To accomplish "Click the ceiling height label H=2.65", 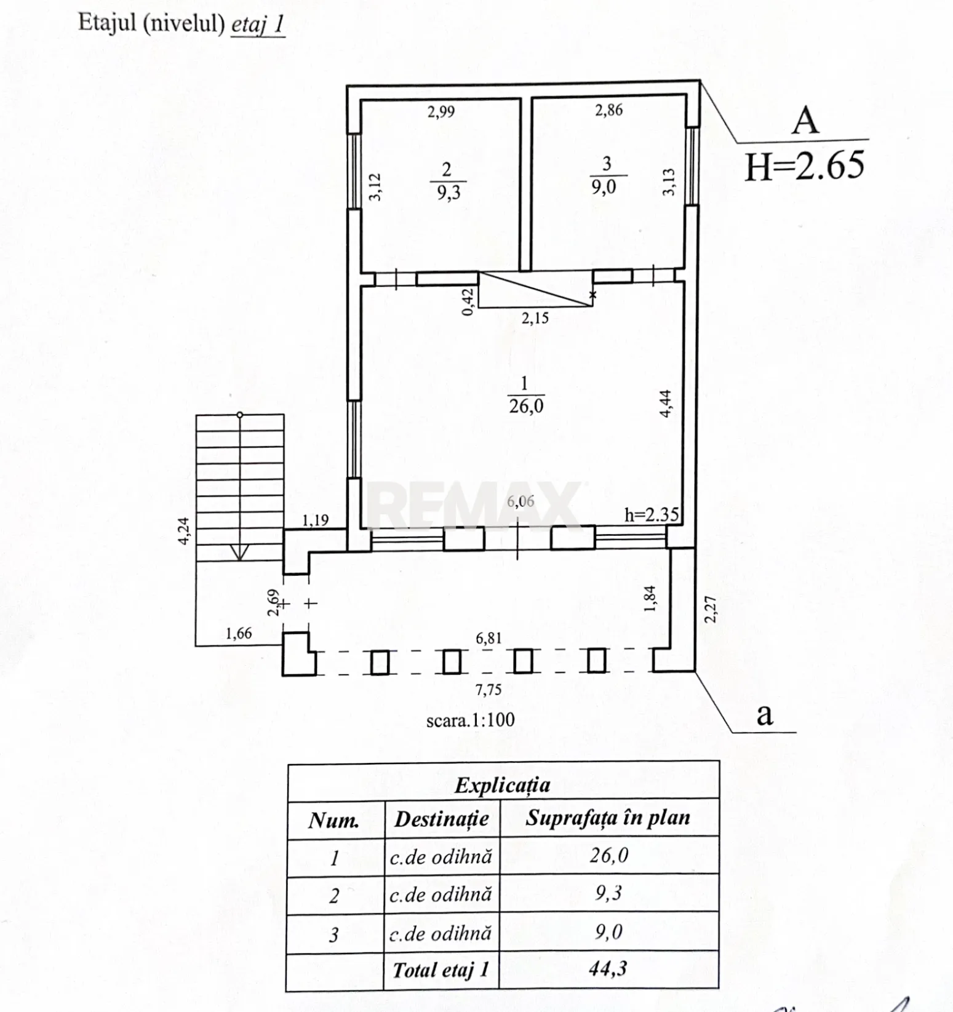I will coord(804,165).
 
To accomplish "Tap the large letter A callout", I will coord(805,121).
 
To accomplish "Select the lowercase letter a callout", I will coord(764,715).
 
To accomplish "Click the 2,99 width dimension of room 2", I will coord(441,111).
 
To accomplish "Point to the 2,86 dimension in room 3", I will coord(608,110).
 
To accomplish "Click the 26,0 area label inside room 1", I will coord(526,406).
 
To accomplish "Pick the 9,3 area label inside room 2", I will coord(449,193).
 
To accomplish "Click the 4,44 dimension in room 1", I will coord(666,404).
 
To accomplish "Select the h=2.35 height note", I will coord(651,514).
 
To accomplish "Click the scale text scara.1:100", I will coord(470,719).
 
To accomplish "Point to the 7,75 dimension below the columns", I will coord(488,690).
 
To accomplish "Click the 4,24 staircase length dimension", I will coord(184,530).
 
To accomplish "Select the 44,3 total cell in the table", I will coord(608,969).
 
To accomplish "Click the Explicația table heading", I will coord(503,786).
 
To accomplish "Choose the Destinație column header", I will coord(441,819).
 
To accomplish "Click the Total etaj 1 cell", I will coord(441,970).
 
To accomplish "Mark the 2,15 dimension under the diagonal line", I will coord(535,319).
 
